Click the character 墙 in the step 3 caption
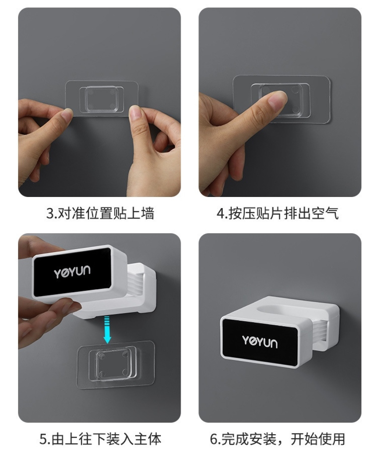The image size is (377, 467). (147, 213)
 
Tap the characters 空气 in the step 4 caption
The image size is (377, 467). (325, 213)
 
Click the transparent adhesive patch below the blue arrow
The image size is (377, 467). (116, 364)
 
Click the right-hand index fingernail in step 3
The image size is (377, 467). (134, 112)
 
